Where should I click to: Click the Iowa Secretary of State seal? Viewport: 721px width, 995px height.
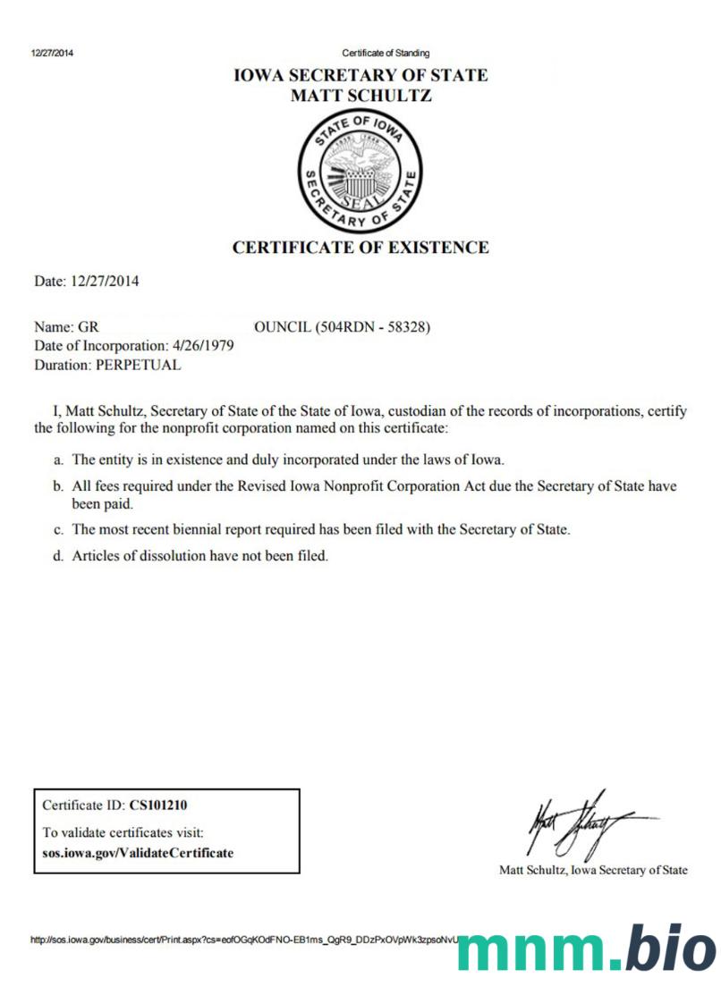pyautogui.click(x=360, y=173)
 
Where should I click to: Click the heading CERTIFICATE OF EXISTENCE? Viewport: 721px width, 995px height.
pyautogui.click(x=360, y=248)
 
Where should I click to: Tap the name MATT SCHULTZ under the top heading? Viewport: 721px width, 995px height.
pyautogui.click(x=360, y=96)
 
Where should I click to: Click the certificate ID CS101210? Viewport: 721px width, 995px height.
pyautogui.click(x=158, y=805)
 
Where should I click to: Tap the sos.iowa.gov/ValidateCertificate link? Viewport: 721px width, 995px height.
pyautogui.click(x=138, y=853)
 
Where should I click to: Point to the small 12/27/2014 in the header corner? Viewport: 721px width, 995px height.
pyautogui.click(x=53, y=53)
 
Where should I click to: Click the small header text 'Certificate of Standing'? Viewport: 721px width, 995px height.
pyautogui.click(x=386, y=53)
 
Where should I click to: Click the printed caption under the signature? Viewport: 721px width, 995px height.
pyautogui.click(x=593, y=870)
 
